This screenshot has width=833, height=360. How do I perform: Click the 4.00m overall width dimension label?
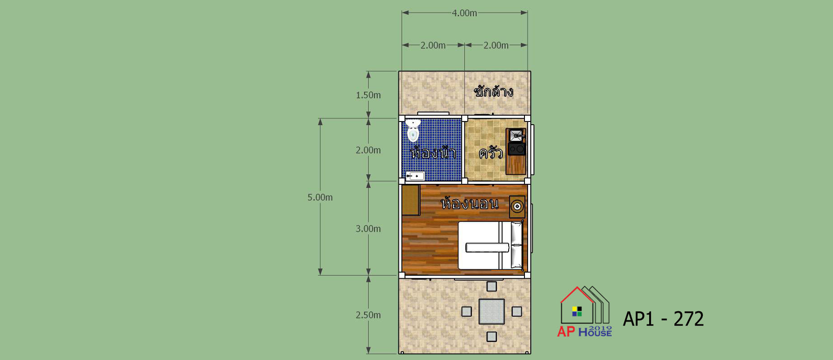[464, 13]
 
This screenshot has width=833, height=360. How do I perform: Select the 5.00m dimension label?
[320, 197]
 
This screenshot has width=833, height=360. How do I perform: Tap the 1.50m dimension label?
[368, 95]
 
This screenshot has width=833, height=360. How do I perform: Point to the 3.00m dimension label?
[368, 229]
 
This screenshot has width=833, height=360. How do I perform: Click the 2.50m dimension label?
[368, 315]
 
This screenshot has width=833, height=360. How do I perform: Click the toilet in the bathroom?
[413, 131]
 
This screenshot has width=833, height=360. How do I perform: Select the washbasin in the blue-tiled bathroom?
[415, 176]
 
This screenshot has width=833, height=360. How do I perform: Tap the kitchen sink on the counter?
[516, 135]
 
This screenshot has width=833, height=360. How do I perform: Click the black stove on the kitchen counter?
[516, 149]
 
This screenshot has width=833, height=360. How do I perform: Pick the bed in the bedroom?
[491, 245]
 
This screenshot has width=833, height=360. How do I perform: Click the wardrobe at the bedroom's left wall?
[411, 200]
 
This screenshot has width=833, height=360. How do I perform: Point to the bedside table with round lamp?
[517, 207]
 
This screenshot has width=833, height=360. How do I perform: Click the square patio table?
[491, 311]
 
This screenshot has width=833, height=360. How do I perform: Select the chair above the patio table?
[491, 286]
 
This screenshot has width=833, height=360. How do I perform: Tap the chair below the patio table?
[491, 337]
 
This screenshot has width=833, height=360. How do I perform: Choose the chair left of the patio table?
[467, 311]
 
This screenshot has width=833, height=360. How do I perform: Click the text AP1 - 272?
[663, 319]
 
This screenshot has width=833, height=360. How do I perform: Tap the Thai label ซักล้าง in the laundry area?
[493, 91]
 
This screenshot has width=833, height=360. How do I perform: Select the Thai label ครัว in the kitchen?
[491, 152]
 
